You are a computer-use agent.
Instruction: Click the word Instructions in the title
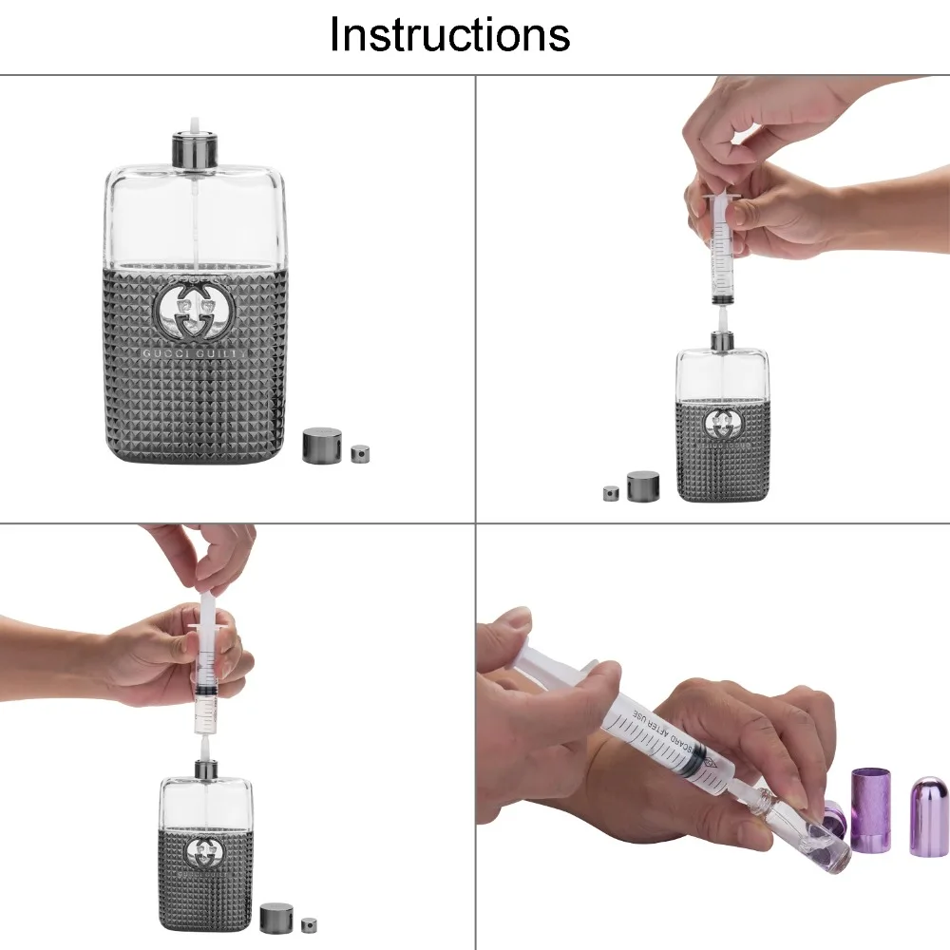coord(449,35)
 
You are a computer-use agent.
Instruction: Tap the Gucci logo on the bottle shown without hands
coord(193,309)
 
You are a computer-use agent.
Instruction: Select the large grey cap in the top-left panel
coord(322,446)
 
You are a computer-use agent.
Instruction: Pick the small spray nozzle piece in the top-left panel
coord(360,454)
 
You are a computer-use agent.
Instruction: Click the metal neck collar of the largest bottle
coord(196,149)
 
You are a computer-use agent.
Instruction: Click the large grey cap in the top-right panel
coord(643,486)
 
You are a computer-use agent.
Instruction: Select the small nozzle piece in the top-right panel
coord(611,493)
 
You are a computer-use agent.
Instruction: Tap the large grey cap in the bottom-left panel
coord(275,917)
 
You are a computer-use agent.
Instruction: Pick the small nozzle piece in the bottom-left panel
coord(308,923)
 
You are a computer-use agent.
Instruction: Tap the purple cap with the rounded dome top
coord(928,816)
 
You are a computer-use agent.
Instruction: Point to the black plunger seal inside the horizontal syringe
coord(700,761)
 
